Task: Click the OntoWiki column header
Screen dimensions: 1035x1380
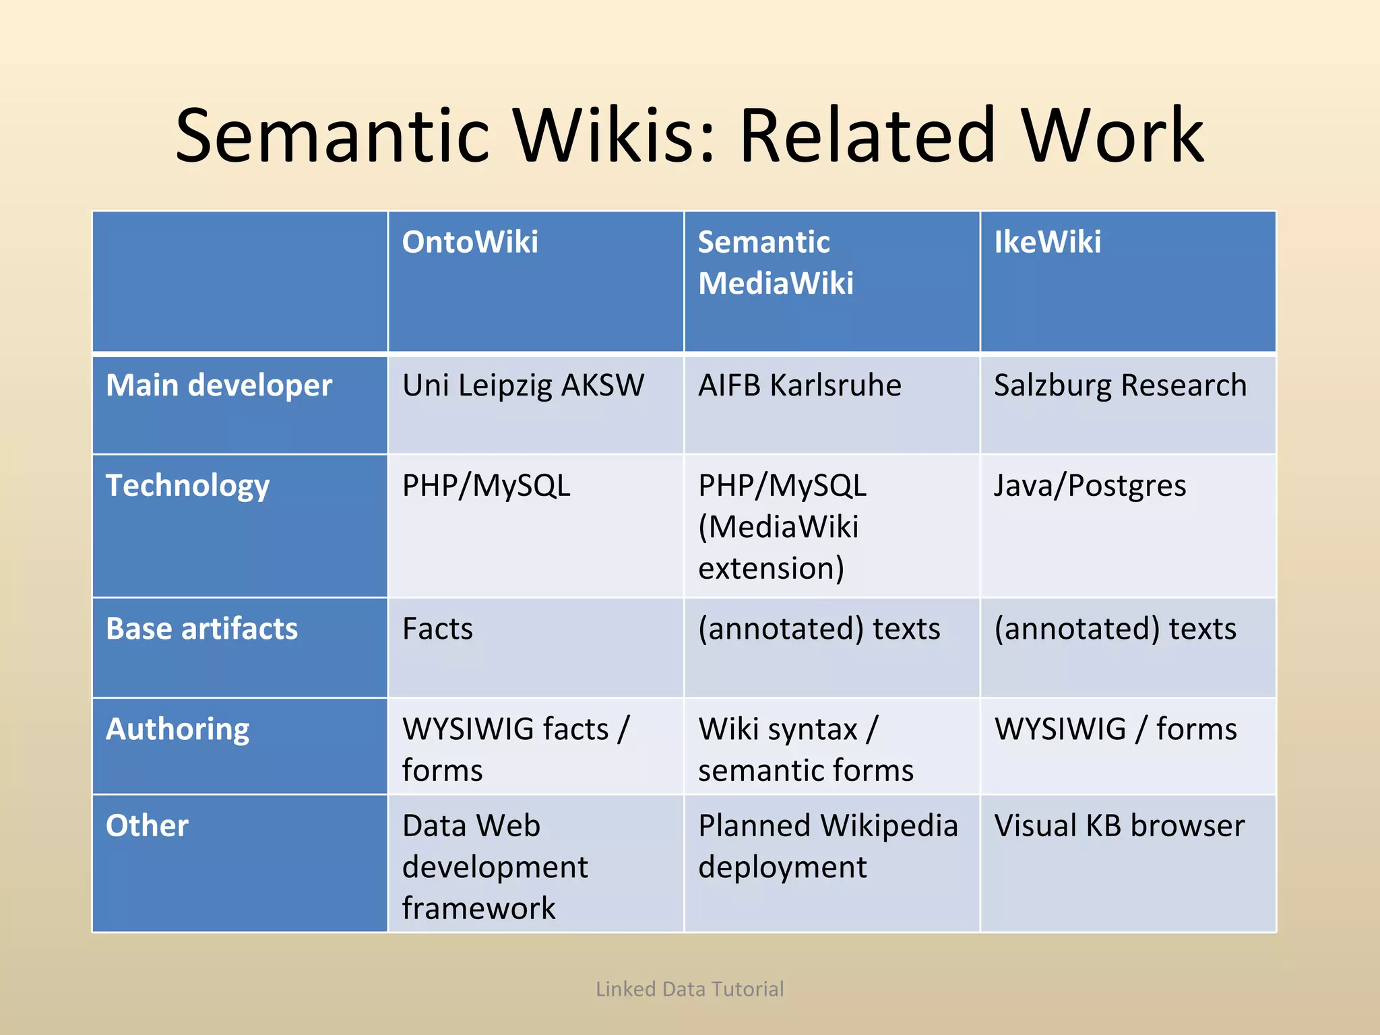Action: pyautogui.click(x=470, y=242)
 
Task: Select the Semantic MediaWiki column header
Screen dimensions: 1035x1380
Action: pyautogui.click(x=775, y=262)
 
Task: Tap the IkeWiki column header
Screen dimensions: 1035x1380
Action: pyautogui.click(x=1047, y=242)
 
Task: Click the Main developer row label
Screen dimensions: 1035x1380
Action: pyautogui.click(x=219, y=385)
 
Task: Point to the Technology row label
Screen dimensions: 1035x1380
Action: pyautogui.click(x=188, y=486)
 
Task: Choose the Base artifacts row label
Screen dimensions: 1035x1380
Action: pyautogui.click(x=201, y=629)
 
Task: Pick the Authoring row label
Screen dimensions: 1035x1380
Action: pyautogui.click(x=178, y=729)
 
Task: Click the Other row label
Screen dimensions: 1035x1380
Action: pyautogui.click(x=147, y=825)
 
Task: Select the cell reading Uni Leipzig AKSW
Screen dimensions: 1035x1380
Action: pyautogui.click(x=523, y=385)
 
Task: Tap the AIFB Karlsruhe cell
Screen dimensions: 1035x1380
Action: pyautogui.click(x=799, y=385)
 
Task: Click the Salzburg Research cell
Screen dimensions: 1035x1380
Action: pyautogui.click(x=1120, y=385)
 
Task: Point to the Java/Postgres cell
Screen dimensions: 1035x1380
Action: pyautogui.click(x=1090, y=486)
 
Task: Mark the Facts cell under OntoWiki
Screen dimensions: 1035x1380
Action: pyautogui.click(x=437, y=629)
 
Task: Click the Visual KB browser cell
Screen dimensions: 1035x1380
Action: pyautogui.click(x=1119, y=825)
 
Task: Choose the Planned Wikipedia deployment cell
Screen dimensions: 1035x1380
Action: pyautogui.click(x=827, y=846)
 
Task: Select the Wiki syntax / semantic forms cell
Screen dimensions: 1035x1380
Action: pyautogui.click(x=805, y=749)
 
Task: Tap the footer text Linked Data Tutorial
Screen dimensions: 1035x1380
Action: pyautogui.click(x=689, y=989)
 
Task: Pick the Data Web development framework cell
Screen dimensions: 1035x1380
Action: pyautogui.click(x=495, y=867)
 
